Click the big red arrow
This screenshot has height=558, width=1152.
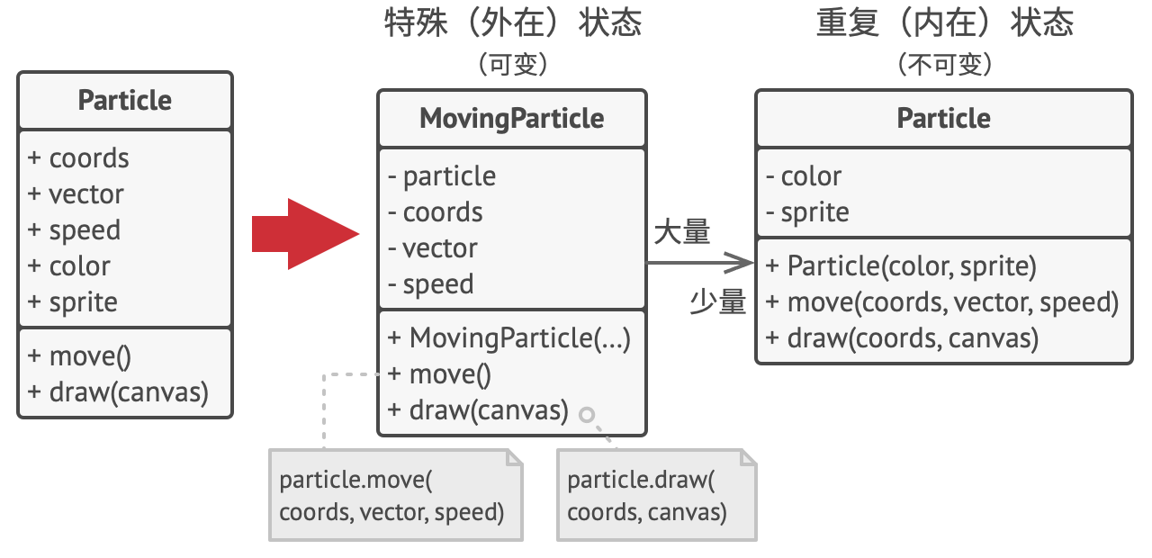(305, 234)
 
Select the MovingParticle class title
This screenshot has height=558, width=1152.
(512, 118)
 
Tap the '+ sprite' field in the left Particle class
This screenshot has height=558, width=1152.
(73, 301)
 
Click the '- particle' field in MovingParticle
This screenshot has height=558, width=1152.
(442, 176)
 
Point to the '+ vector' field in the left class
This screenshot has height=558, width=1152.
(76, 194)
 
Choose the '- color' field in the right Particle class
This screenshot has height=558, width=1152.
(804, 176)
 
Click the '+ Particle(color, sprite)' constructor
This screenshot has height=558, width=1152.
(901, 266)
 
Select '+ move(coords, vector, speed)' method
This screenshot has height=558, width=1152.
(942, 302)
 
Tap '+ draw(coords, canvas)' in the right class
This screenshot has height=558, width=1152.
(902, 338)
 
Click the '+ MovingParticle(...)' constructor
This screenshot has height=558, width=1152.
(509, 338)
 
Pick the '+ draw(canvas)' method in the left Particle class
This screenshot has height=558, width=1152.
(118, 392)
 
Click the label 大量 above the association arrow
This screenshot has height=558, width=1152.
(682, 231)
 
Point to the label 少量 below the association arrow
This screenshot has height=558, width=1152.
(718, 301)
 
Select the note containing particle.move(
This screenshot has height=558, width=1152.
(396, 495)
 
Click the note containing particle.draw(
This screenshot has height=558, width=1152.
(657, 495)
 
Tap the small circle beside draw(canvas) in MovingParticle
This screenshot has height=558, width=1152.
(587, 415)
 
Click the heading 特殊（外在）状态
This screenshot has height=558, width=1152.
(513, 22)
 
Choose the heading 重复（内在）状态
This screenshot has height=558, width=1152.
(945, 22)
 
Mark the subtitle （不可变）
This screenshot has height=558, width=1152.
(945, 65)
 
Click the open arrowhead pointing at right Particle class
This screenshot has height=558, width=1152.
(739, 263)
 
